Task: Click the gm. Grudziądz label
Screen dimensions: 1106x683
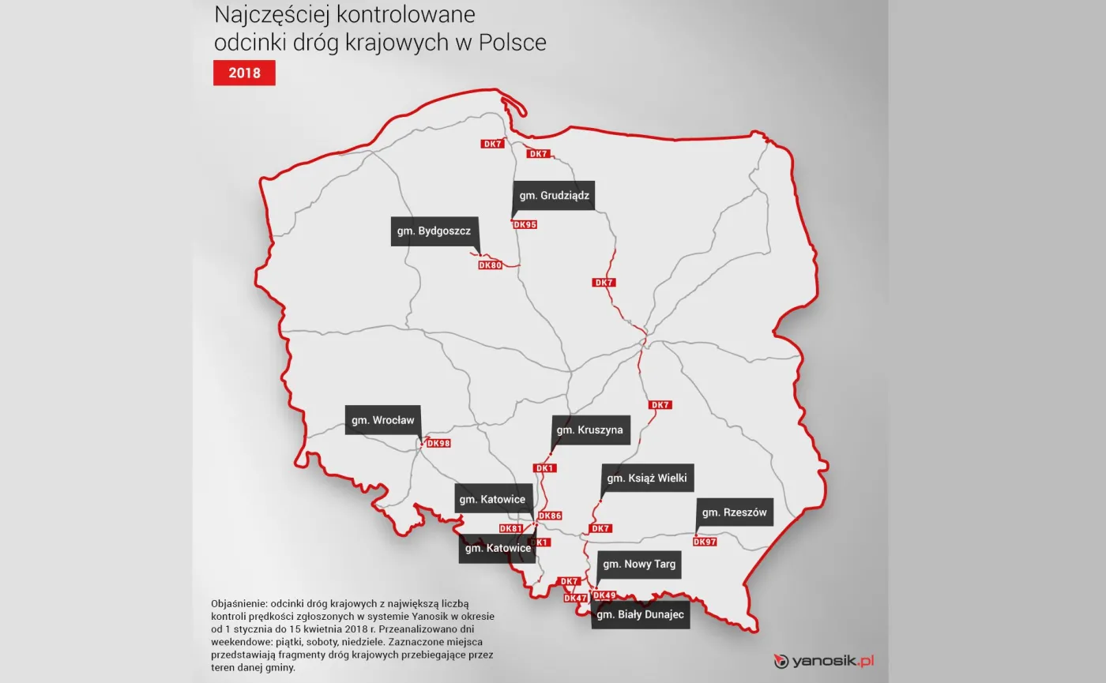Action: point(555,195)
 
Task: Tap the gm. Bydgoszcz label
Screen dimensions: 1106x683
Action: point(434,231)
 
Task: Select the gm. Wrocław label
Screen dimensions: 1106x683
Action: point(383,420)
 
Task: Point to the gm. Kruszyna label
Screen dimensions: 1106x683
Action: point(590,430)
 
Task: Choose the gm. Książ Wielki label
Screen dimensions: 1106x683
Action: point(647,478)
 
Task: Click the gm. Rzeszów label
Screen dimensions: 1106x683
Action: point(734,512)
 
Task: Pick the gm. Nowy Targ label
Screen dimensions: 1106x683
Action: point(639,564)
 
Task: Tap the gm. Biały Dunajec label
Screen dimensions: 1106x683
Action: point(641,614)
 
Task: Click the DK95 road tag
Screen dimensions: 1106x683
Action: point(525,224)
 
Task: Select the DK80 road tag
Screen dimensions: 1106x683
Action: point(490,265)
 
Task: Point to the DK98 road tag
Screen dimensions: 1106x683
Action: point(438,443)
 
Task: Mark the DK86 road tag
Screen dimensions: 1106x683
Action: point(550,516)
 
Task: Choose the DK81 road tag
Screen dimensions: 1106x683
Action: point(510,528)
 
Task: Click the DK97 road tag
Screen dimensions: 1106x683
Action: point(705,542)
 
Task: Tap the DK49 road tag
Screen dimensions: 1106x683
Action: point(604,595)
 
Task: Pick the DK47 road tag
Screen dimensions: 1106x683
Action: point(575,598)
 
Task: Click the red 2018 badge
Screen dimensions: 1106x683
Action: point(244,73)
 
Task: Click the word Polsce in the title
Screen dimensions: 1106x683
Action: point(512,42)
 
